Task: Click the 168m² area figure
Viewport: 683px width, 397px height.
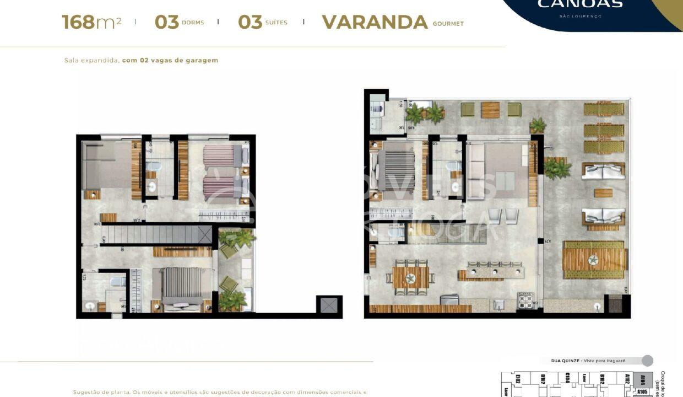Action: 91,22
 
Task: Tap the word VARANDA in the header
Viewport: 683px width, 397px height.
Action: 375,22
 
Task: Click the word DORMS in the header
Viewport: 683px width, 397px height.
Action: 193,23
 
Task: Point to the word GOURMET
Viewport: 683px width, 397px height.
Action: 448,24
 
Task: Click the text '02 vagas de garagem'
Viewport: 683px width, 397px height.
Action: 170,60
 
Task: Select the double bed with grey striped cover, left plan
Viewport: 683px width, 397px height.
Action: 182,286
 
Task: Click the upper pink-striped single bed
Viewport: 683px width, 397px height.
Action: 222,155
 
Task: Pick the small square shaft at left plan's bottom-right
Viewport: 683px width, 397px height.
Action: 329,305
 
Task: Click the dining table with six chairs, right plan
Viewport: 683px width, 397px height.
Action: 410,277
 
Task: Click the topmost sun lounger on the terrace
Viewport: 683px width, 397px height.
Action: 604,109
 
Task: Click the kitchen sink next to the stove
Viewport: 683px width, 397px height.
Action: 498,303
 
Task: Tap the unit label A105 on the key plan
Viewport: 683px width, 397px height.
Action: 642,392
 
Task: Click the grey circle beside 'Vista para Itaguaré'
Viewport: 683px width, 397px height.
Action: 647,361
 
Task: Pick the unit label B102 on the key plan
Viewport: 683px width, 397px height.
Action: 602,379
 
